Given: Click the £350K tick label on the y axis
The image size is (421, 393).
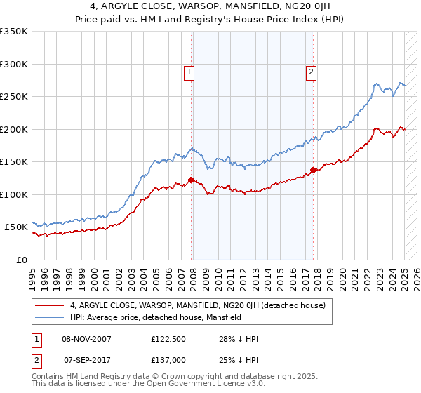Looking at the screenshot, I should coord(14,32).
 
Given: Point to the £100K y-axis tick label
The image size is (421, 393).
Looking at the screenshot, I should coord(14,194).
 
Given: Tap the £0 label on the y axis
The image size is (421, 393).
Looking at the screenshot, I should coord(21,260).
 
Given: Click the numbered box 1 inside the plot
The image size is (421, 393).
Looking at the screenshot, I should coord(189,71).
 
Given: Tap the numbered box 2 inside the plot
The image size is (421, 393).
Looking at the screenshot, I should coord(311,71).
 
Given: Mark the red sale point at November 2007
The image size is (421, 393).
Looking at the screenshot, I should coord(191,180).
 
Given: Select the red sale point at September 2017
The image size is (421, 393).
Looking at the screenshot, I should coord(313,169).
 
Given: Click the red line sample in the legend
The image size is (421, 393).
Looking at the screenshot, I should coord(51,306).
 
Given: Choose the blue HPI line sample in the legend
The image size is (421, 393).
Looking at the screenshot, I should coord(51,317).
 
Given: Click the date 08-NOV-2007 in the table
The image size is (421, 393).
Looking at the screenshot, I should coord(87,340).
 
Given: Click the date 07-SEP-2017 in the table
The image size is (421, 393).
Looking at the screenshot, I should coord(87,359).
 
